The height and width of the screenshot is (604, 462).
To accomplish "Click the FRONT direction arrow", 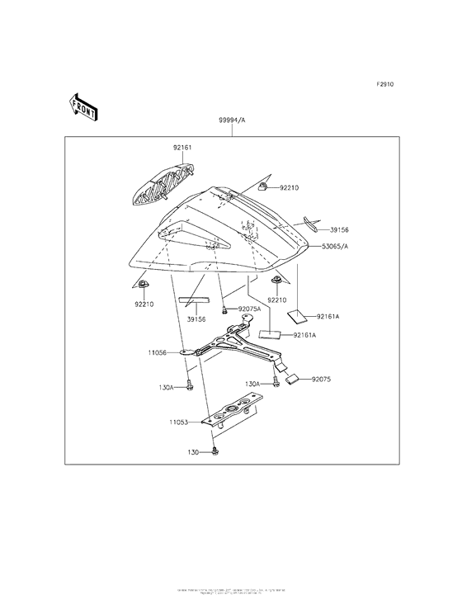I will point(84,106).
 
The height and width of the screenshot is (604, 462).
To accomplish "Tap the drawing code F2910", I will point(385,85).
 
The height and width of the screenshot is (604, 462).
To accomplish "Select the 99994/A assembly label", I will point(232,120).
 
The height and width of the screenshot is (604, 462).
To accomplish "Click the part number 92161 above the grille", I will point(181,148).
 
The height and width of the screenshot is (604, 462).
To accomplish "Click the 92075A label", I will point(249,309).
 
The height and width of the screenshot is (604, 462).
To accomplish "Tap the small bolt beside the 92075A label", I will point(225,310).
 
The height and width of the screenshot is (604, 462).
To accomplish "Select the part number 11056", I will point(158,352).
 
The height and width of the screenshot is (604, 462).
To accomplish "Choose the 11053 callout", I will point(181,422).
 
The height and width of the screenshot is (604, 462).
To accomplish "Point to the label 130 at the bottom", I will point(193,451).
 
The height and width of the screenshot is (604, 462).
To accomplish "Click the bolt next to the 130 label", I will point(214,451).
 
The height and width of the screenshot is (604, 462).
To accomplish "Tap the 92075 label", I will point(322,380).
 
